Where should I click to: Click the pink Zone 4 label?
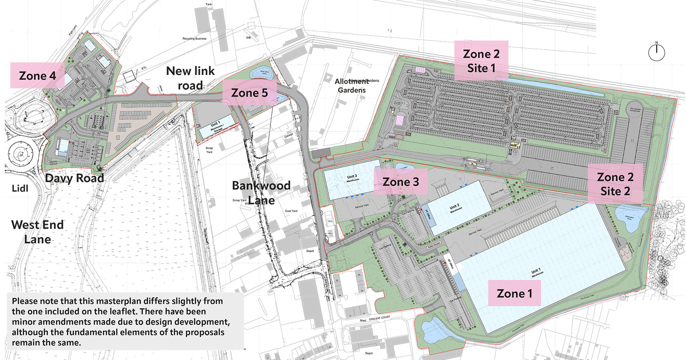[37, 76]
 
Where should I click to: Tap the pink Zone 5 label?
[249, 93]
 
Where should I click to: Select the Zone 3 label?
[400, 182]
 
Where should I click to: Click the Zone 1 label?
[514, 293]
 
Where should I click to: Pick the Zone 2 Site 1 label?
[481, 61]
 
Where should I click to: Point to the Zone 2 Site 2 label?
[615, 184]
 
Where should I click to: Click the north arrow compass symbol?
[656, 52]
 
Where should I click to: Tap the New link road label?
[190, 78]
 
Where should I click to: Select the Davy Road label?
[74, 178]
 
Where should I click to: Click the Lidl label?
[20, 188]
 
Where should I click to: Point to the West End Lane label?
[37, 232]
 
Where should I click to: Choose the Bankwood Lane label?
[261, 192]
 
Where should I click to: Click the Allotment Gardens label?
[351, 86]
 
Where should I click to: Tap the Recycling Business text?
[194, 38]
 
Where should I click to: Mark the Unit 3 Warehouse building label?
[352, 178]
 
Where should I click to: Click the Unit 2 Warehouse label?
[454, 208]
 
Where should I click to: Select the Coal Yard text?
[291, 211]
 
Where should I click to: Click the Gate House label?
[434, 244]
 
